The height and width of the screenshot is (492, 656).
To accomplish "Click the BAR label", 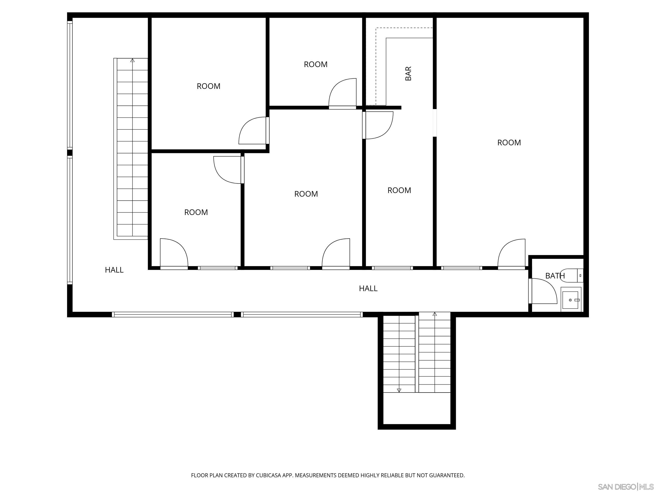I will point(408,74).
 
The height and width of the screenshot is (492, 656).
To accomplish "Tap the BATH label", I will point(555,276).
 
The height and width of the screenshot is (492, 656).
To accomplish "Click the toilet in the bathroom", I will point(575,276).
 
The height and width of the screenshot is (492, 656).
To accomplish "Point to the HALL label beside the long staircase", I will point(114,270).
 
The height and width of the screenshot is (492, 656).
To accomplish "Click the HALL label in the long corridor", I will point(368,288).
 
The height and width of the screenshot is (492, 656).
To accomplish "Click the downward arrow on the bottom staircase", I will point(399,390).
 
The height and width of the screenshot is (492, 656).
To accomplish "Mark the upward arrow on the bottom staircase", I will point(435,314).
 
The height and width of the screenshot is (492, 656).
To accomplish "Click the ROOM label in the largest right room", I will point(509,143).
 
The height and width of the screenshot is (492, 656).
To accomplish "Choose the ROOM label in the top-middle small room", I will point(316,64).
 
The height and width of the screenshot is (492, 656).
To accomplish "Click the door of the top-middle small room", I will point(342,92).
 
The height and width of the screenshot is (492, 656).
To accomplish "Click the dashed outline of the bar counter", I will point(376,65).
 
